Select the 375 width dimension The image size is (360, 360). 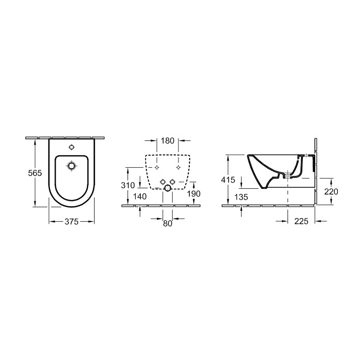coord(71,222)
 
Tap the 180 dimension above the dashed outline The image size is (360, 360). coord(167,140)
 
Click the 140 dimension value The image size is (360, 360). coord(140,196)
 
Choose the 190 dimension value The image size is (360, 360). coord(193,193)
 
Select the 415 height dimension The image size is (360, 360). coord(228,180)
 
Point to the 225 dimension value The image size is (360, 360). coord(301,222)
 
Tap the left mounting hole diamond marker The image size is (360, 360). coord(156,167)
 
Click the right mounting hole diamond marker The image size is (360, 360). coord(178,167)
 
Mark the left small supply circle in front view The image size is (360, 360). coord(163,181)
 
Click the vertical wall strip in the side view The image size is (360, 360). coord(314,170)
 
